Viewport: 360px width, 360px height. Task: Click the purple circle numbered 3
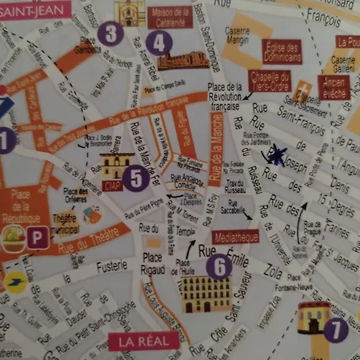(110, 33)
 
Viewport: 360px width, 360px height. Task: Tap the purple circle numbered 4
(158, 42)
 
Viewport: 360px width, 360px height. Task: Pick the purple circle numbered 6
(218, 266)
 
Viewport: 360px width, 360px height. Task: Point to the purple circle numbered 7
(335, 328)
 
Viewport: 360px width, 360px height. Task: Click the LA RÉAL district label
(143, 342)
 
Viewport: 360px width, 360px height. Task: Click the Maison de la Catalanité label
(170, 17)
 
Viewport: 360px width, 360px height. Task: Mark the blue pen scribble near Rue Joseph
(277, 155)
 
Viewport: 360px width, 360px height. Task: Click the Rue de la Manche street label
(214, 148)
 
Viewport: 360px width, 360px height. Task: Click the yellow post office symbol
(15, 282)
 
